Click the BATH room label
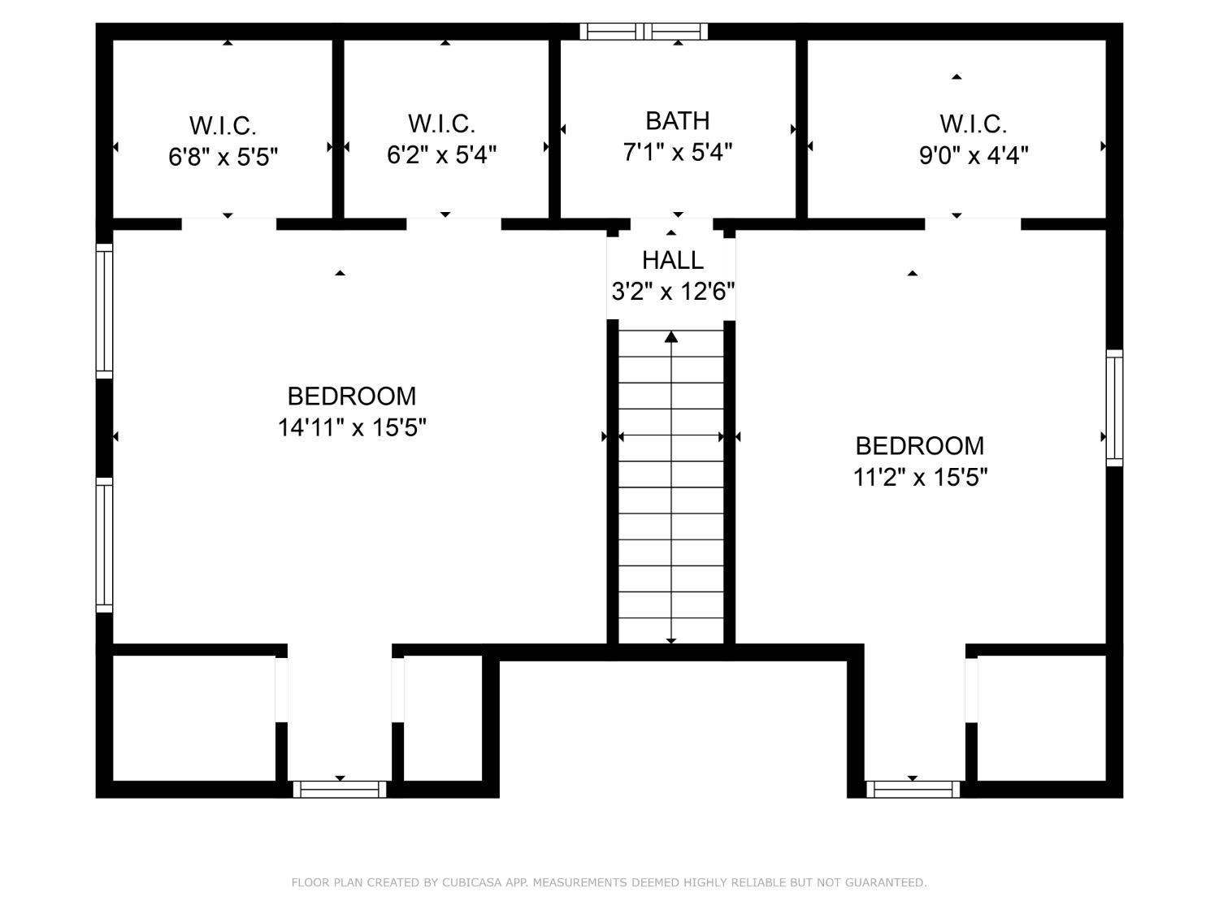coord(677,121)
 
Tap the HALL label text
coord(673,260)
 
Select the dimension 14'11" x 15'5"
coord(352,428)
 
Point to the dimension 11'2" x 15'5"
coord(920,477)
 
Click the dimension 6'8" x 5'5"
coord(223,157)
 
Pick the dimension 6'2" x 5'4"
coord(441,155)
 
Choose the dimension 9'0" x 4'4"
coord(974,155)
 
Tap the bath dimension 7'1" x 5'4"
coord(678,152)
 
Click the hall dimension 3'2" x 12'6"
coord(673,291)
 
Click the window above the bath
coord(644,32)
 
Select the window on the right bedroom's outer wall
coord(1114,408)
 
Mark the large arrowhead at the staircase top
coord(671,337)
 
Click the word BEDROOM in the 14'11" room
coord(352,396)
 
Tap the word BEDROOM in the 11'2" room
coord(920,445)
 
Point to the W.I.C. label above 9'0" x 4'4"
coord(973,124)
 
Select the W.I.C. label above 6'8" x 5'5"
coord(223,126)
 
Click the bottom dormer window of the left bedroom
coord(340,789)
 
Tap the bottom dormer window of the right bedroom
coord(913,789)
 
